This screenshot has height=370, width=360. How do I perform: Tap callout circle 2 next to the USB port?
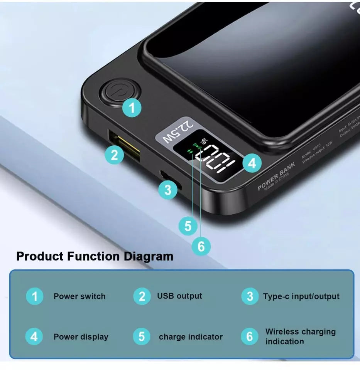(115, 155)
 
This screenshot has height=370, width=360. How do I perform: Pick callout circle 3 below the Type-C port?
(168, 190)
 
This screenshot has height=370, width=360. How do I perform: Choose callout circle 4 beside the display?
(252, 164)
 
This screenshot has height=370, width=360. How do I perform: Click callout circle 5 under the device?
(188, 226)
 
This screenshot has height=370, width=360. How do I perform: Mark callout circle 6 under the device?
(201, 246)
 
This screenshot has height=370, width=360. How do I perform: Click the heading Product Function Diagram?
(95, 256)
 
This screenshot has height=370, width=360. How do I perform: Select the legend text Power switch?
(79, 296)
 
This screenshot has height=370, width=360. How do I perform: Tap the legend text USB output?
(179, 296)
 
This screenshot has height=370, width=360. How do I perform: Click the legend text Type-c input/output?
(301, 296)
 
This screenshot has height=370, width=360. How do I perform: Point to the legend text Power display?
(81, 336)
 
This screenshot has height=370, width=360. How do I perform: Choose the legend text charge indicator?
(191, 337)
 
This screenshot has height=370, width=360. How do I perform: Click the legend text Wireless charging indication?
(300, 336)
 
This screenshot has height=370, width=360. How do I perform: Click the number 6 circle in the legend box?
(250, 336)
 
